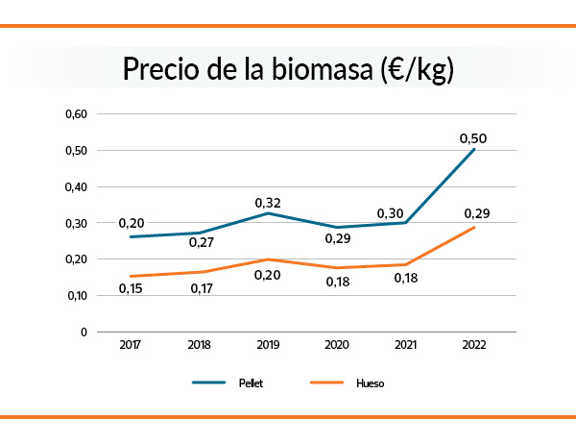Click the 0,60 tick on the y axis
pos(76,114)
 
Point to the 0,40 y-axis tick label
pos(76,187)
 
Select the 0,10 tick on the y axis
pos(76,296)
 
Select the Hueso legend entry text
pos(370,382)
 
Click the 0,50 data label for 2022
pos(474,138)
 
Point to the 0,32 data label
pos(267,203)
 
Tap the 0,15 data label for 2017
pos(132,288)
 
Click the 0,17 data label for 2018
pos(199,288)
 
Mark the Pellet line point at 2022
pos(474,149)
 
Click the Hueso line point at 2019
pos(267,259)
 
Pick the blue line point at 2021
pos(405,223)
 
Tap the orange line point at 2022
pos(474,227)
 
